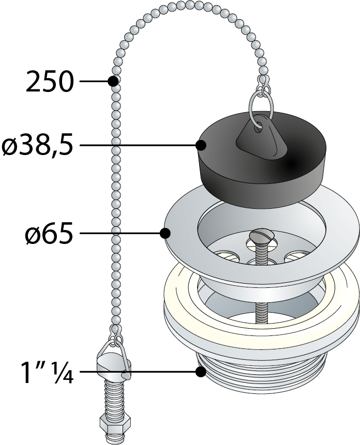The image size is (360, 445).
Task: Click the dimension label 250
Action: point(50,82)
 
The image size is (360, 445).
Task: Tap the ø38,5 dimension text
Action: point(37,146)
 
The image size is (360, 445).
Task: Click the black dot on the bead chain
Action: point(113,81)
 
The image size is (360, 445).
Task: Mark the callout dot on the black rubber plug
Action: point(202,146)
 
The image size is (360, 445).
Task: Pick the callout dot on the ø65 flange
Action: point(166,234)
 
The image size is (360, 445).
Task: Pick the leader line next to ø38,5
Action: point(137,146)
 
